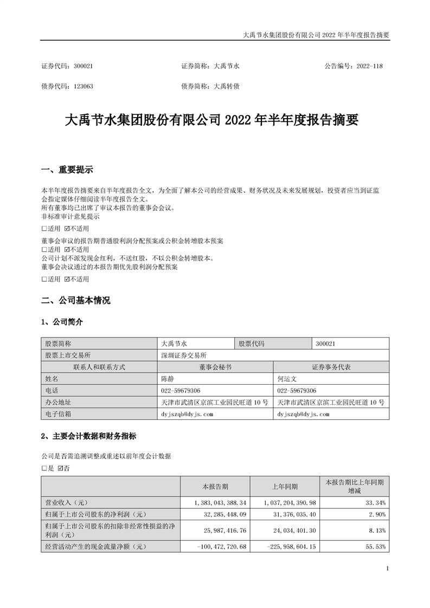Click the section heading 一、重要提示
click(x=67, y=170)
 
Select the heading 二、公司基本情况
click(x=75, y=300)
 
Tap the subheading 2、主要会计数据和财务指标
click(x=89, y=436)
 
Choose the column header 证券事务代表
click(x=331, y=367)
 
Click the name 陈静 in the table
click(x=168, y=379)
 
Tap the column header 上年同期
click(x=285, y=486)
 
